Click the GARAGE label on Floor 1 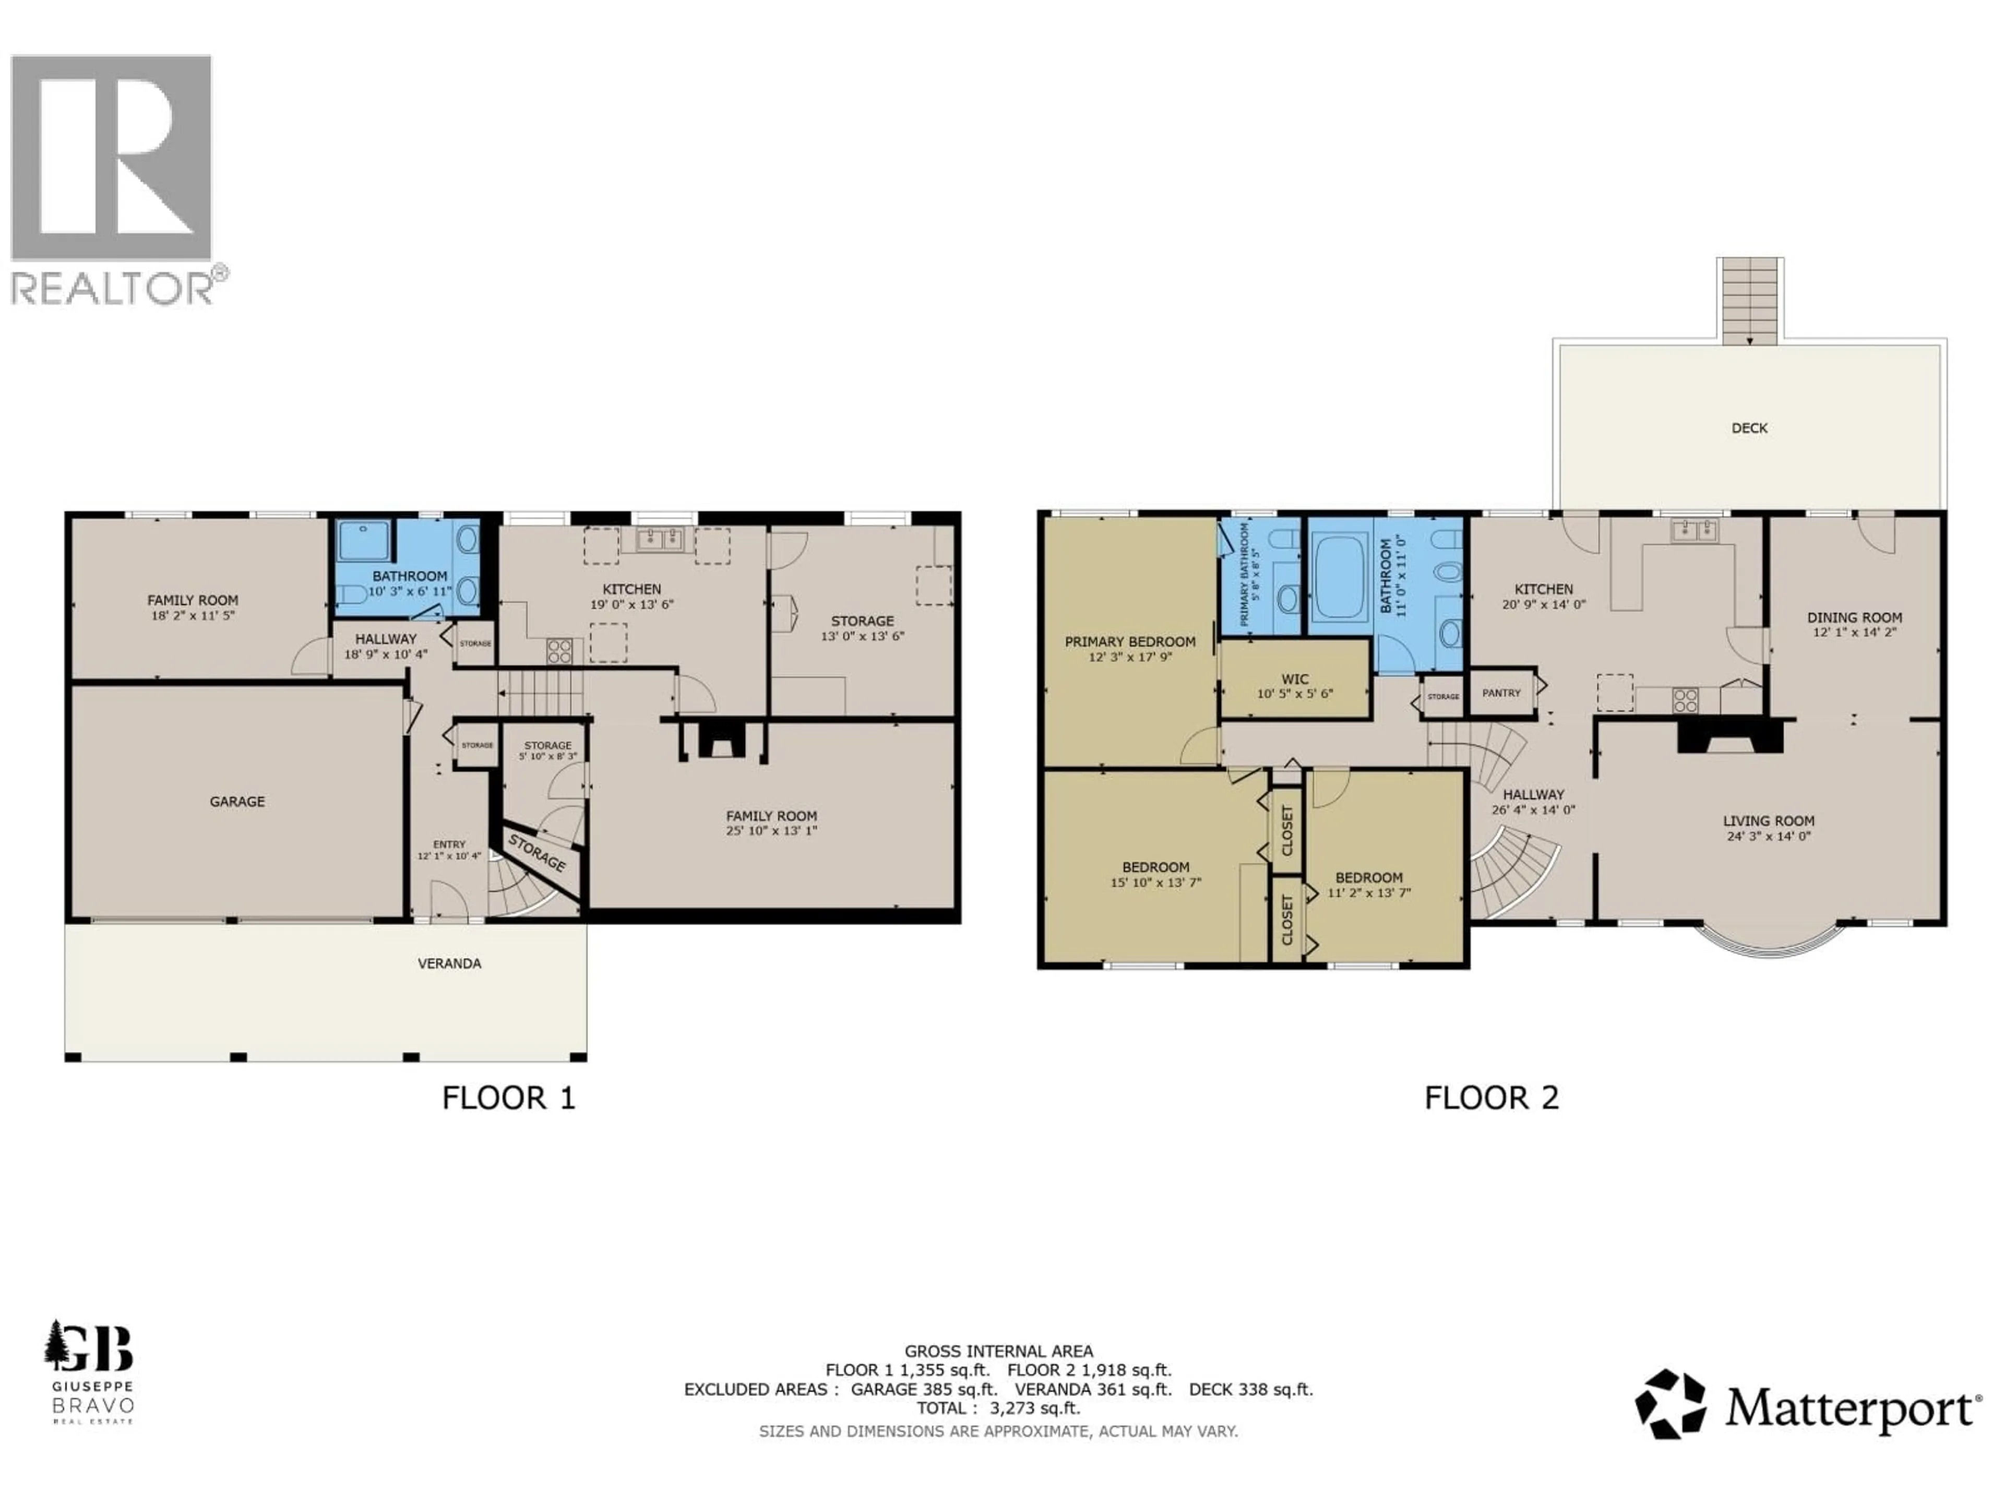point(237,802)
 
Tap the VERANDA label point(449,963)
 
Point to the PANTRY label point(1501,693)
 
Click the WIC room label point(1295,678)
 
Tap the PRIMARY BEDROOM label point(1130,641)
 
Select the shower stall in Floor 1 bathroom point(363,541)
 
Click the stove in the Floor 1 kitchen point(559,650)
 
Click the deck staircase point(1749,302)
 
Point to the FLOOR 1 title point(508,1098)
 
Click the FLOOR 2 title point(1491,1098)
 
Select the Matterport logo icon point(1669,1403)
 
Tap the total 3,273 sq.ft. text point(998,1408)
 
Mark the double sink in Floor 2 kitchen point(1693,529)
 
